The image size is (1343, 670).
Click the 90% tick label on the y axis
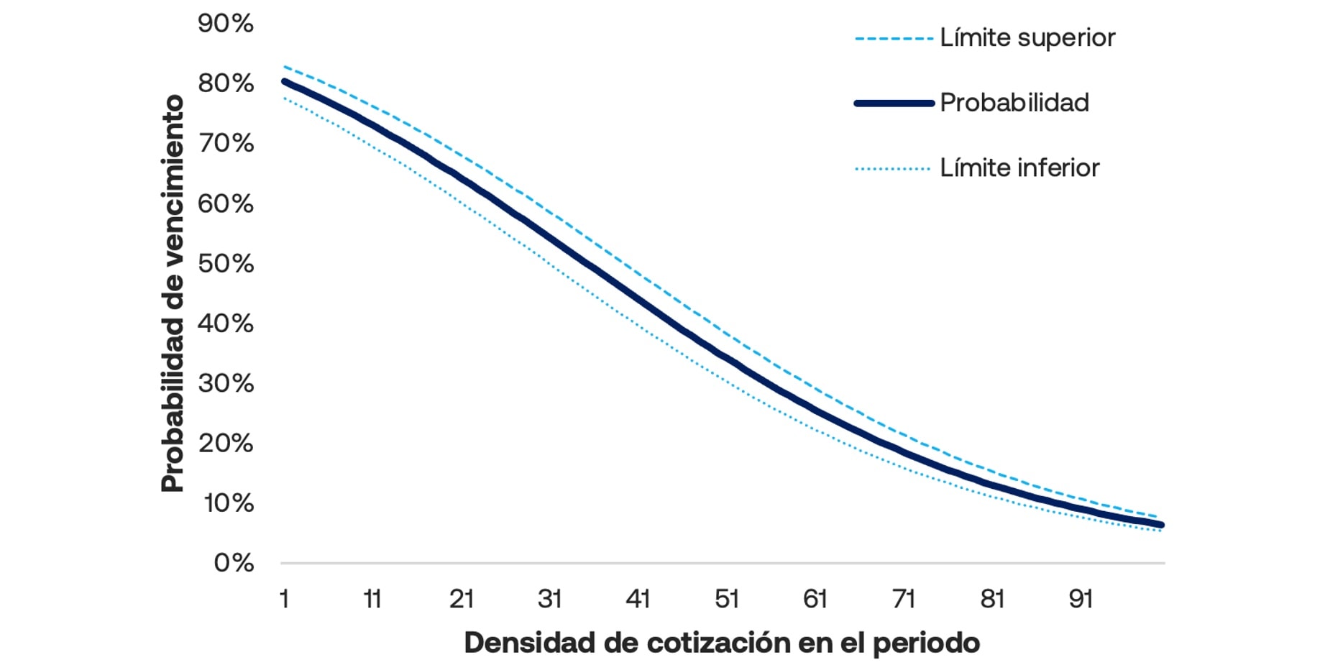(225, 24)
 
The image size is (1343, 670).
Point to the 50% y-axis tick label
(225, 264)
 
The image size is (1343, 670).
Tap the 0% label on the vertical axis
(234, 562)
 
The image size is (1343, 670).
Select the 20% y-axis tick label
(225, 443)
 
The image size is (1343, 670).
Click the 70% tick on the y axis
(225, 144)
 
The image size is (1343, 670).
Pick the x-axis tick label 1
(284, 599)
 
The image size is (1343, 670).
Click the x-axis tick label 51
(726, 599)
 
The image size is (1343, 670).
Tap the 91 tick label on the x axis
(1081, 599)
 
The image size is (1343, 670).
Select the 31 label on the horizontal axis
(549, 599)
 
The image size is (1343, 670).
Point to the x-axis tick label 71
(903, 599)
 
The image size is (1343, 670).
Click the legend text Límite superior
(1027, 38)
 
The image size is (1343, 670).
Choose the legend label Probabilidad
(1014, 103)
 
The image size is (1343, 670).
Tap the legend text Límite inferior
(1019, 168)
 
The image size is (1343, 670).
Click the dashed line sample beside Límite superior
(894, 39)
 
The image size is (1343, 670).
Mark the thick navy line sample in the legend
(894, 104)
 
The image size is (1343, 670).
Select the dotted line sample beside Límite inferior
(894, 169)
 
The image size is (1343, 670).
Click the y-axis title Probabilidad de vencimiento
(173, 293)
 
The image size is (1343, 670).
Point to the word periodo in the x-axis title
(926, 643)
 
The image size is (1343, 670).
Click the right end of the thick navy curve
(1160, 525)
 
